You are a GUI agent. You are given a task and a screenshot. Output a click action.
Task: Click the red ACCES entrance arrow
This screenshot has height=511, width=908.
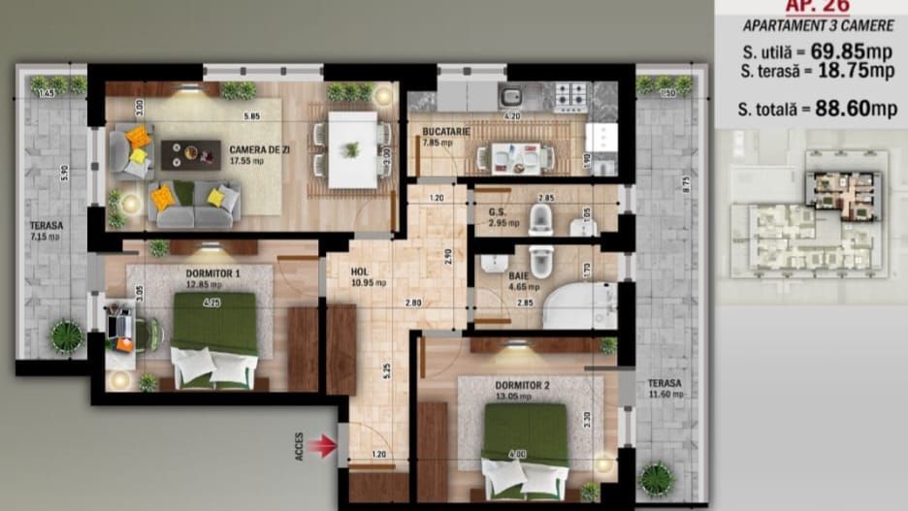pyautogui.click(x=324, y=445)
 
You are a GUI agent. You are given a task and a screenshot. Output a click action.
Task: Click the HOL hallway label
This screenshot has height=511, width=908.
pyautogui.click(x=361, y=272)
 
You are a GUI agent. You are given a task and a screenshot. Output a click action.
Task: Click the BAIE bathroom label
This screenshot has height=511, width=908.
pyautogui.click(x=520, y=276)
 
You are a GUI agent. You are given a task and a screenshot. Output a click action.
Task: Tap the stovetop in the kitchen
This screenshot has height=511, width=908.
pyautogui.click(x=570, y=97)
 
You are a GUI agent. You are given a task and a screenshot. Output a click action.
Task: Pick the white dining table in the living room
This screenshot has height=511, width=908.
pyautogui.click(x=351, y=149)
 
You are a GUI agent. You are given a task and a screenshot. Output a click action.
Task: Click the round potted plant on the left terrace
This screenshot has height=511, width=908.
pyautogui.click(x=66, y=335)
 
